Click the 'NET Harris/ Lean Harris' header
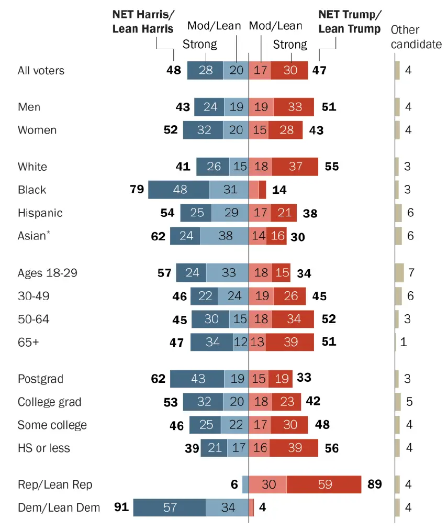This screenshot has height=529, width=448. (143, 21)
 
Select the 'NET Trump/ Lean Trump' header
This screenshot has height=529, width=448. (349, 21)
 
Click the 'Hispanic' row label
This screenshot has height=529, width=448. (40, 213)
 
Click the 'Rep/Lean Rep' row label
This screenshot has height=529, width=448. (55, 484)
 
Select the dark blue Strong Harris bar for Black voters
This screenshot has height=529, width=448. (179, 190)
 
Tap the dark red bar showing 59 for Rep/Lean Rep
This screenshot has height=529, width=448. (324, 484)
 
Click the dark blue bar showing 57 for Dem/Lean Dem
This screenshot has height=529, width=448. (169, 508)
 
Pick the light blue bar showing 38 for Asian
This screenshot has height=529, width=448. (225, 236)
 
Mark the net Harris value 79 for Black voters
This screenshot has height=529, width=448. (137, 190)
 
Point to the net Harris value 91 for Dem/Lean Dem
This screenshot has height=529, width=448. (122, 508)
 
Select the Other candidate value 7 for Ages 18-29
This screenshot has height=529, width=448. (411, 273)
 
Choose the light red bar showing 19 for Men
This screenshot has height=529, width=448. (261, 107)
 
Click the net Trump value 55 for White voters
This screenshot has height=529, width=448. (331, 167)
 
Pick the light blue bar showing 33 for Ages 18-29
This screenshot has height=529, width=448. (227, 273)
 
